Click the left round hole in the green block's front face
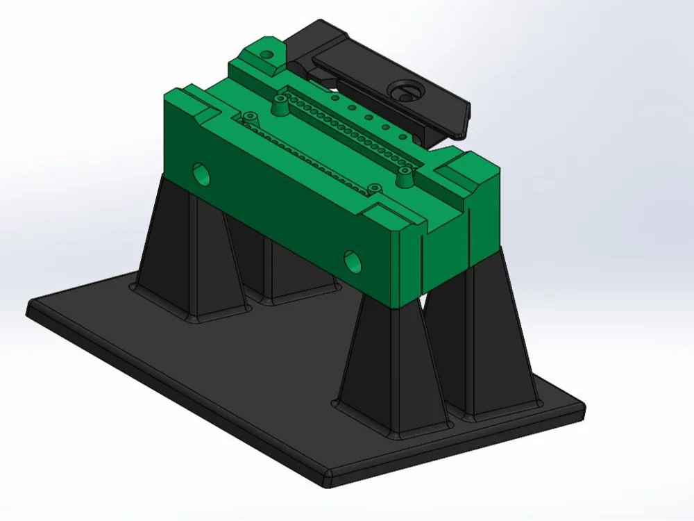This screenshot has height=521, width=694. (x=201, y=173)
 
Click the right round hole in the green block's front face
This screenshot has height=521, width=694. (x=353, y=260)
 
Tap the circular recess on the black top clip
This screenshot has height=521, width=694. (x=403, y=90)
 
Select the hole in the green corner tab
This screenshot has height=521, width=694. (x=266, y=55)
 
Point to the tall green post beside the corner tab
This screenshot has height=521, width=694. (x=280, y=106)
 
